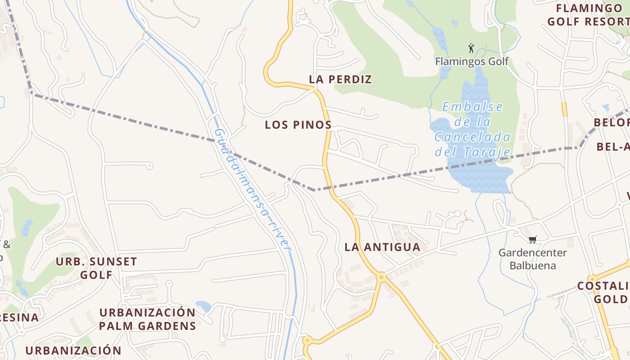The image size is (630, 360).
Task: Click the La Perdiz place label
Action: click(x=340, y=80)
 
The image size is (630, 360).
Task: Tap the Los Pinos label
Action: click(x=298, y=125)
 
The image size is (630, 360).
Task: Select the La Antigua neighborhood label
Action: click(x=382, y=247)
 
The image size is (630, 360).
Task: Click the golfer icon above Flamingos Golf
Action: click(x=471, y=48)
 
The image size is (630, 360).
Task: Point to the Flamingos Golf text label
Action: click(x=472, y=61)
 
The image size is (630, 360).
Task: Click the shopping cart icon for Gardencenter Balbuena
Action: click(x=533, y=239)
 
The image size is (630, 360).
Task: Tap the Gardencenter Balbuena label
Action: click(x=532, y=259)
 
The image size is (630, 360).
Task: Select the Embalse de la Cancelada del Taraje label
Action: click(x=472, y=130)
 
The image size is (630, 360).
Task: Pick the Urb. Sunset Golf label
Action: click(x=96, y=268)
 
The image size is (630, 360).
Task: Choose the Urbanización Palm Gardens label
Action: click(x=148, y=319)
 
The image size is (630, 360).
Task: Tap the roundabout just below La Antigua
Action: click(x=381, y=277)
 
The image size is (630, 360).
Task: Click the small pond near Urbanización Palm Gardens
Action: click(x=203, y=306)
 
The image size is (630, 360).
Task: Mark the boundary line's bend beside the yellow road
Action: click(x=313, y=190)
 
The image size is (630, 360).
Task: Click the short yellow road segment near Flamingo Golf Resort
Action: click(x=564, y=109)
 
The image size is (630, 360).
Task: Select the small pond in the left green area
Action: click(x=27, y=228)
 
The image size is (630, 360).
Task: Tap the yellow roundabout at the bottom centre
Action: click(x=307, y=341)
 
